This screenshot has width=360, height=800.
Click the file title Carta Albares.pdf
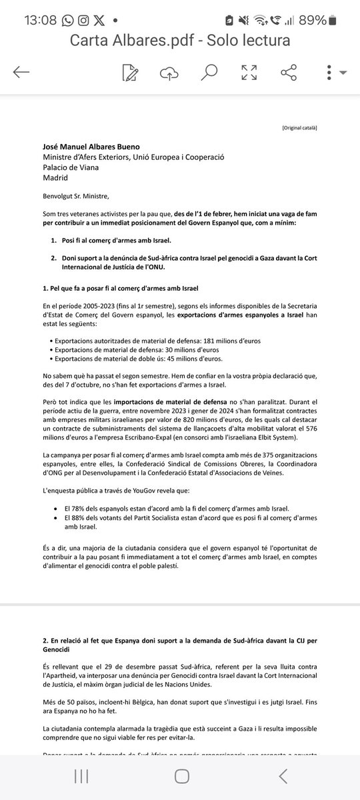(x=180, y=40)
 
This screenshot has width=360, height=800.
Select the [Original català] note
(x=299, y=126)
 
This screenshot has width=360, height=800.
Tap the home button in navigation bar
(x=181, y=776)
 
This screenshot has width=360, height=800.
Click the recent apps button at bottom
(x=81, y=776)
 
